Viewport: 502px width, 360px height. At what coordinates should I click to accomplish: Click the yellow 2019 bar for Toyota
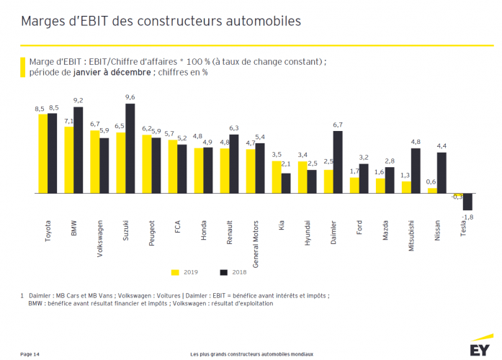click(x=42, y=154)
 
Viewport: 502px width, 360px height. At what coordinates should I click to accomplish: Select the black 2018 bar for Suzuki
click(x=130, y=149)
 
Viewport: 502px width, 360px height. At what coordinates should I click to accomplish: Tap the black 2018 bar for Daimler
click(x=337, y=163)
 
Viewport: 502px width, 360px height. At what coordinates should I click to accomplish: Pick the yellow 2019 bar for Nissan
click(x=432, y=192)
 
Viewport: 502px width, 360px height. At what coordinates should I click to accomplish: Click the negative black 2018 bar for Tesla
click(x=467, y=202)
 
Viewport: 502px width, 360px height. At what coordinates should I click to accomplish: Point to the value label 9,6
click(x=130, y=97)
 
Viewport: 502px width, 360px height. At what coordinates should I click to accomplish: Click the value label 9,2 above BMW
click(x=79, y=101)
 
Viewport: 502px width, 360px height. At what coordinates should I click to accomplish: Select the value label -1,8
click(x=468, y=217)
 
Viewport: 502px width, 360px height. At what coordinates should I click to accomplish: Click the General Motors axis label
click(x=256, y=244)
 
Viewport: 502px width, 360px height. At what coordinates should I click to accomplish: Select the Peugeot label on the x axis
click(x=152, y=234)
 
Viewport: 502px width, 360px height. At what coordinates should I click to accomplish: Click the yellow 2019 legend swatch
click(x=175, y=273)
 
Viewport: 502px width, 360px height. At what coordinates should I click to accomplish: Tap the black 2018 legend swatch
click(x=223, y=273)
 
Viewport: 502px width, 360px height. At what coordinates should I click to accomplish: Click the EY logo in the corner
click(x=479, y=349)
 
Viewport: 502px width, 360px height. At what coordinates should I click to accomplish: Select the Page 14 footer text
click(x=30, y=354)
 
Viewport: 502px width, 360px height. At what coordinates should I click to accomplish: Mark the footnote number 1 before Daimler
click(x=22, y=295)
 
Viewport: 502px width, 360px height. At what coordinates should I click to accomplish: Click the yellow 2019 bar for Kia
click(x=277, y=178)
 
